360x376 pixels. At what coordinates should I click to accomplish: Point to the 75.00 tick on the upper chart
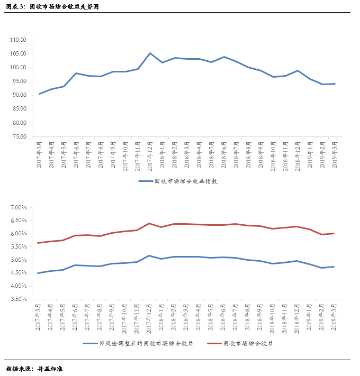[x=19, y=136]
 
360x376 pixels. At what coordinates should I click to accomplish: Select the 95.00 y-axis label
[x=19, y=81]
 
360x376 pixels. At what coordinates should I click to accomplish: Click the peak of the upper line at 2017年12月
[x=150, y=53]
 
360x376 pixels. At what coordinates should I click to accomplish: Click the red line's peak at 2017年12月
[x=149, y=223]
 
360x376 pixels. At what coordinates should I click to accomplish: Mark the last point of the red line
[x=335, y=233]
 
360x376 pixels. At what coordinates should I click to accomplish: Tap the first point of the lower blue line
[x=39, y=273]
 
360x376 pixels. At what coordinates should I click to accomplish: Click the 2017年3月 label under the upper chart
[x=39, y=155]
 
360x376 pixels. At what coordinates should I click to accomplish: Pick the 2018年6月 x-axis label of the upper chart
[x=224, y=155]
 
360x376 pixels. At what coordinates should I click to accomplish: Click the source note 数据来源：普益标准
[x=34, y=368]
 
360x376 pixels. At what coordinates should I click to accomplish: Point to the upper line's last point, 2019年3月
[x=335, y=84]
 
